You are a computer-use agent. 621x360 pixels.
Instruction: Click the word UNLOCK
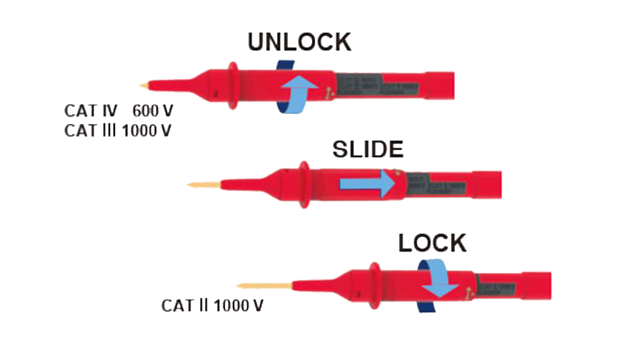[299, 43]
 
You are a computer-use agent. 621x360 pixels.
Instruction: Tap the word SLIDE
[368, 150]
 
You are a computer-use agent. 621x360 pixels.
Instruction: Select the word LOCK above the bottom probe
[432, 244]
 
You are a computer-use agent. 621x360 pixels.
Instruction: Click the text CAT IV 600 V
[117, 112]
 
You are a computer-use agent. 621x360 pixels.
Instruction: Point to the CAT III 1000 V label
[117, 130]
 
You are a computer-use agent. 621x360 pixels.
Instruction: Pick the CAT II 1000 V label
[212, 306]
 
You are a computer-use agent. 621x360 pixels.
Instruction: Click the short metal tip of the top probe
[144, 85]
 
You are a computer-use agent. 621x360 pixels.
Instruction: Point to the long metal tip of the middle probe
[203, 185]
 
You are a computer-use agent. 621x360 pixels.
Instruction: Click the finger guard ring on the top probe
[232, 85]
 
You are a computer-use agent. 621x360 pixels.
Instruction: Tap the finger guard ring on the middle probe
[304, 185]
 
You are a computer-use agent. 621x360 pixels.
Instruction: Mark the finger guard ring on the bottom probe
[374, 284]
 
